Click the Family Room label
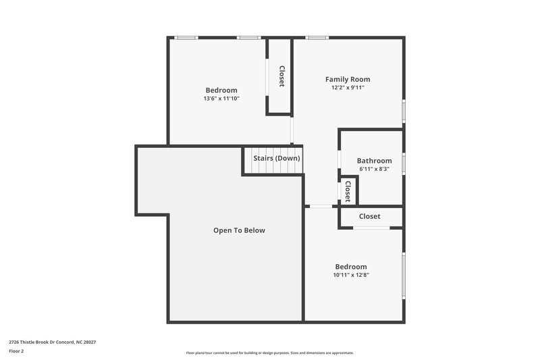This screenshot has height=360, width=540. pos(348,79)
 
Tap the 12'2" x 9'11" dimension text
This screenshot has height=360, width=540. pos(348,88)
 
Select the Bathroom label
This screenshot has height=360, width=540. pos(374,160)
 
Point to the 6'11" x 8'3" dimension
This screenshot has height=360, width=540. pos(374,169)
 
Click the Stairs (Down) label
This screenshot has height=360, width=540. pos(277,158)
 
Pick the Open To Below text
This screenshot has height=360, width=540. pos(239,230)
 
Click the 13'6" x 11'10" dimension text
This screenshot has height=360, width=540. pos(221,99)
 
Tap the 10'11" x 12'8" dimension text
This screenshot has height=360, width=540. pos(351,275)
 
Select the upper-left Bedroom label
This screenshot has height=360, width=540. pos(221,90)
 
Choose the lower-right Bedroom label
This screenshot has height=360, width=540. pos(351,266)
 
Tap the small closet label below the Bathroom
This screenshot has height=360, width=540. pos(348,190)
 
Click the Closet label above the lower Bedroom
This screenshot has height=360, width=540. pos(369,216)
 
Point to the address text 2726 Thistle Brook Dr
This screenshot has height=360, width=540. pos(53,342)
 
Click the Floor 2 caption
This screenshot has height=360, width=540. pos(16,351)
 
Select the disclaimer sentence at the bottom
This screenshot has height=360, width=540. pos(270,353)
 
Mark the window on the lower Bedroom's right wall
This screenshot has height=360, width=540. pos(404,275)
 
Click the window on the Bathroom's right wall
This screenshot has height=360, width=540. pos(404,163)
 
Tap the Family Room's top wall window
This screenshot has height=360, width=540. pos(316,37)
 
